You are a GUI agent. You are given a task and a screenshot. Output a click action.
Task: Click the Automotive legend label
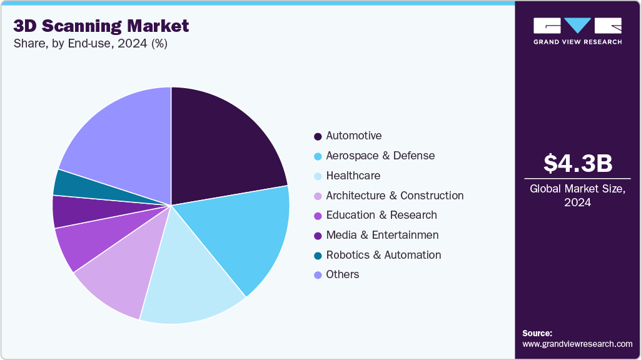(354, 136)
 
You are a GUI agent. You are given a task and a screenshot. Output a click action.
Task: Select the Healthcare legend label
(353, 176)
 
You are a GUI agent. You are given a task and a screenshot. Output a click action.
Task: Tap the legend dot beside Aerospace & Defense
(318, 156)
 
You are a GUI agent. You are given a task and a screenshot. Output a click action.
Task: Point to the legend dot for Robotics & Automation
(318, 255)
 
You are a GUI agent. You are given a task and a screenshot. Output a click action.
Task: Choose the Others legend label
(343, 274)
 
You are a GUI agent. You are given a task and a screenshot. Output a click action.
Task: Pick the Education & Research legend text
(381, 215)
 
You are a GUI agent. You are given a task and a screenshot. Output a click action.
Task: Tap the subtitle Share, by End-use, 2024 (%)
(91, 44)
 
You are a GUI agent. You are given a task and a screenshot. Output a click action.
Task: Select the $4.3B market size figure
(577, 163)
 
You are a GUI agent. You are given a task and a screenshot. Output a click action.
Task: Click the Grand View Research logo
(577, 31)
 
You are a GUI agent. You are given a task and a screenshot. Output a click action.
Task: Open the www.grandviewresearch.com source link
(577, 344)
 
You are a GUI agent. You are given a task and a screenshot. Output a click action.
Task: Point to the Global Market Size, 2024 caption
(577, 195)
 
